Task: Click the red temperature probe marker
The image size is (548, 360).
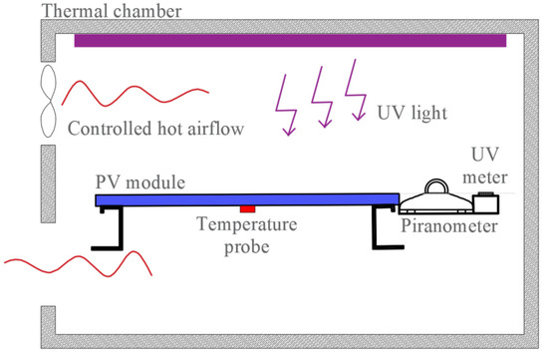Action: pyautogui.click(x=246, y=208)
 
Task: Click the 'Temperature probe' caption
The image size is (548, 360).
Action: pyautogui.click(x=246, y=233)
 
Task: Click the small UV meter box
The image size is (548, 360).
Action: pyautogui.click(x=485, y=202)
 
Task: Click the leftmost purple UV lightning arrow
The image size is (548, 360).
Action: pyautogui.click(x=287, y=104)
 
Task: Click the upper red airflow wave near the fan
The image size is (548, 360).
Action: pyautogui.click(x=123, y=95)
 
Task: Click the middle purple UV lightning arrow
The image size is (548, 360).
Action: pyautogui.click(x=322, y=101)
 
